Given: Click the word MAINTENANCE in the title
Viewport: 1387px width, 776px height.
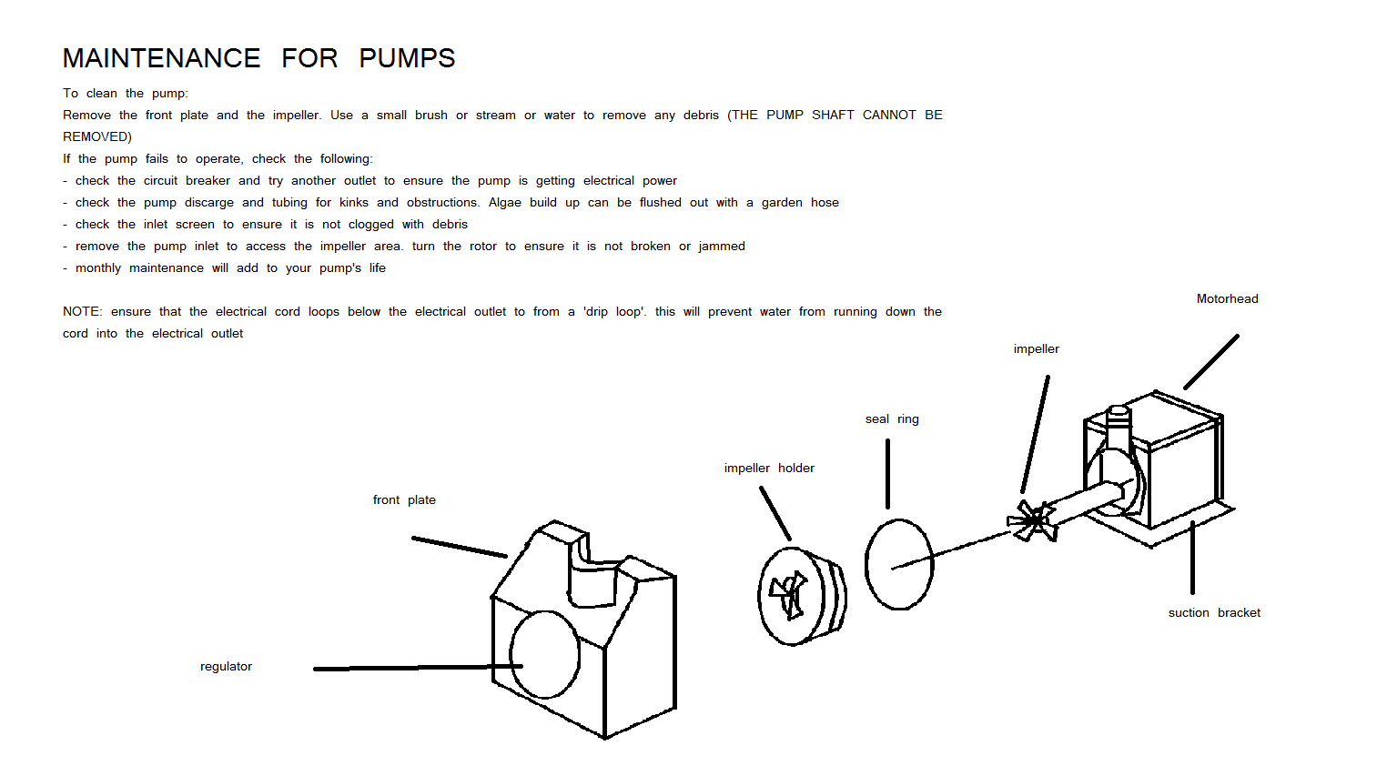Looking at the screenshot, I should tap(161, 58).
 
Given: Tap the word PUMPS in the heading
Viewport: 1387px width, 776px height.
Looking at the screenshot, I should tap(407, 58).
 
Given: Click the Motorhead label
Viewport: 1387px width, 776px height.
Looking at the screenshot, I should tap(1227, 298).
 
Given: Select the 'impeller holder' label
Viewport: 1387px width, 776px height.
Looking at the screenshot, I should tap(769, 468).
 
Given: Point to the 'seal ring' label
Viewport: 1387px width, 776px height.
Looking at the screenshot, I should tap(892, 418).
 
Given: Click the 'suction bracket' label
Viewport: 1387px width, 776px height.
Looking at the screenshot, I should tap(1214, 612).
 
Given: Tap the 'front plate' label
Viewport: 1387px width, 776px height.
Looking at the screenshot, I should tap(404, 499).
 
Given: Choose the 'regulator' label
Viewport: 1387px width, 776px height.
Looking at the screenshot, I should tap(226, 666).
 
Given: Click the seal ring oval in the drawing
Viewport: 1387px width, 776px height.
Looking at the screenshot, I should tap(899, 564).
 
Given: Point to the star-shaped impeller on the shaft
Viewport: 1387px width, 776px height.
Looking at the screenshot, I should tap(1034, 521).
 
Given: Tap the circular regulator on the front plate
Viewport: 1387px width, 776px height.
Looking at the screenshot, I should tap(545, 655).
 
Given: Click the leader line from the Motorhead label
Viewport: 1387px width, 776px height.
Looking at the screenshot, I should tap(1211, 361).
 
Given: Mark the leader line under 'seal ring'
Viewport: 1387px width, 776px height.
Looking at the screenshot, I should tap(887, 473).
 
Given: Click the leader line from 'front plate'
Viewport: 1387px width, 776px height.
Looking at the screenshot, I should tap(459, 547).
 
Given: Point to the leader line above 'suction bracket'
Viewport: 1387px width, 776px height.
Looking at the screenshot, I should tap(1192, 558).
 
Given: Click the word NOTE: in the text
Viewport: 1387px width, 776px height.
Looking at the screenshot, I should tap(82, 311).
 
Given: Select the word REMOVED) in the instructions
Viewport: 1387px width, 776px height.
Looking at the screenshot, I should tap(97, 136).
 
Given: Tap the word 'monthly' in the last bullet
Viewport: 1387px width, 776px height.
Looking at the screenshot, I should tap(98, 267).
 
